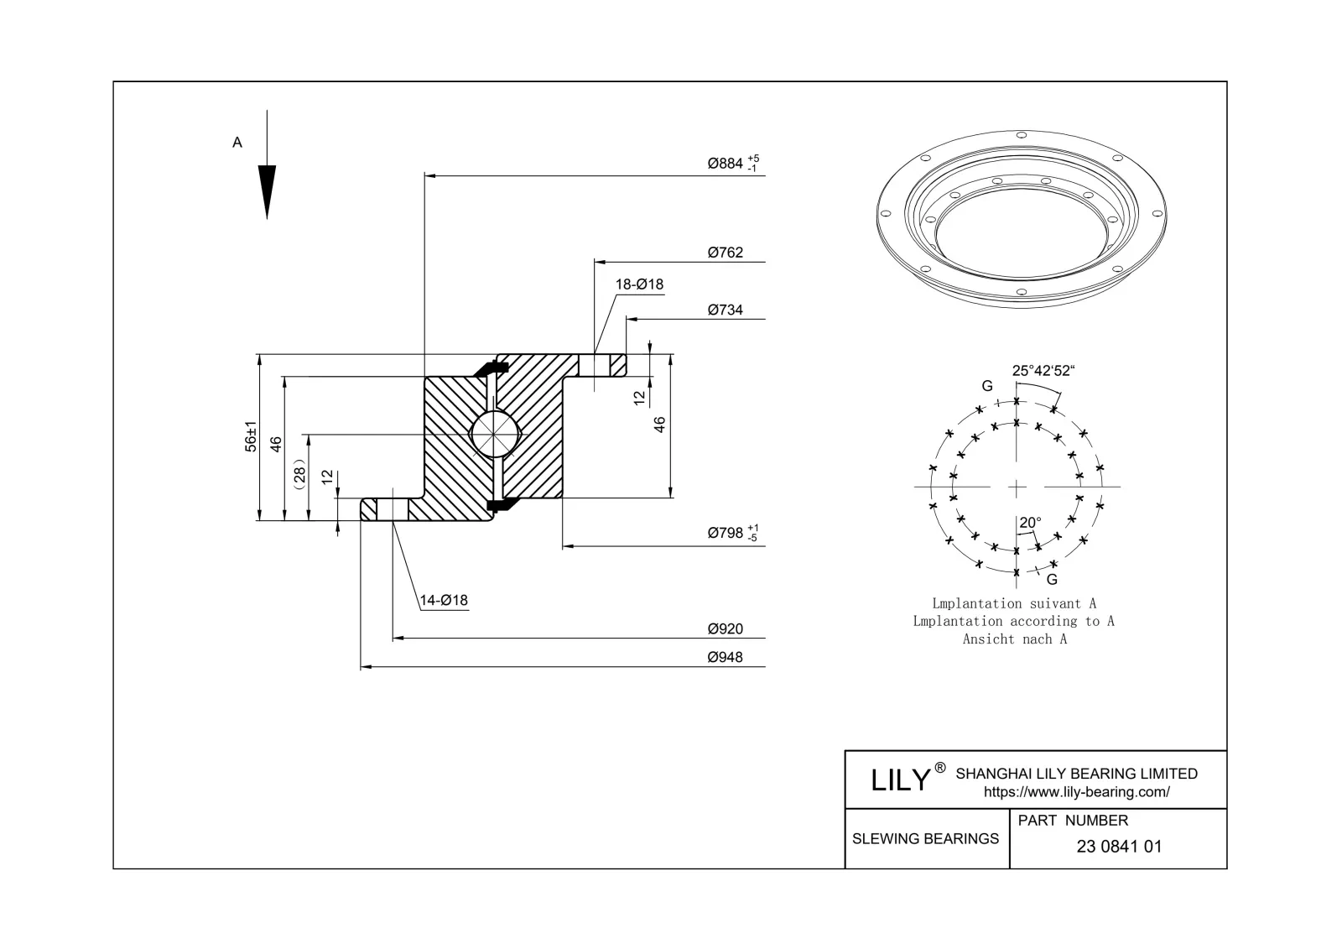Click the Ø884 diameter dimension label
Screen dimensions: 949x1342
tap(726, 164)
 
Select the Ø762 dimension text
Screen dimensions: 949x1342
tap(725, 253)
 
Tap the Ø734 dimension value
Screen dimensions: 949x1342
tap(725, 310)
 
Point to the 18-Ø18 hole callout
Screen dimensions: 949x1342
tap(639, 284)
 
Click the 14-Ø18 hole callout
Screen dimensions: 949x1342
tap(444, 601)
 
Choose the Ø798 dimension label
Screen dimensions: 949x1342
tap(726, 533)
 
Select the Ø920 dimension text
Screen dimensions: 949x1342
tap(725, 629)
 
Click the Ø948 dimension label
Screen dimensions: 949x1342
tap(725, 658)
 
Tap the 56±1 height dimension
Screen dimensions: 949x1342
tap(250, 437)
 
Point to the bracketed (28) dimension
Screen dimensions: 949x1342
tap(299, 474)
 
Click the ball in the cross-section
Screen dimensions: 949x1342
tap(495, 434)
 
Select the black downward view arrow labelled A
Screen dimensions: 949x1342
tap(267, 190)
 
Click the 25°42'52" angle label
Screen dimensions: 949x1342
tap(1043, 371)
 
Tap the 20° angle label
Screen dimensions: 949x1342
tap(1030, 523)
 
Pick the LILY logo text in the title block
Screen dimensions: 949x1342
tap(901, 780)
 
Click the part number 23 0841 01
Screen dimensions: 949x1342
tap(1119, 847)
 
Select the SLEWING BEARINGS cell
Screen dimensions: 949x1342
tap(925, 839)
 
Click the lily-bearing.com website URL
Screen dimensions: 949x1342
tap(1076, 792)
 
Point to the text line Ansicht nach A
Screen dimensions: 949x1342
tap(1014, 639)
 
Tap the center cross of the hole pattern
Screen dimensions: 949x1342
tap(1017, 487)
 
